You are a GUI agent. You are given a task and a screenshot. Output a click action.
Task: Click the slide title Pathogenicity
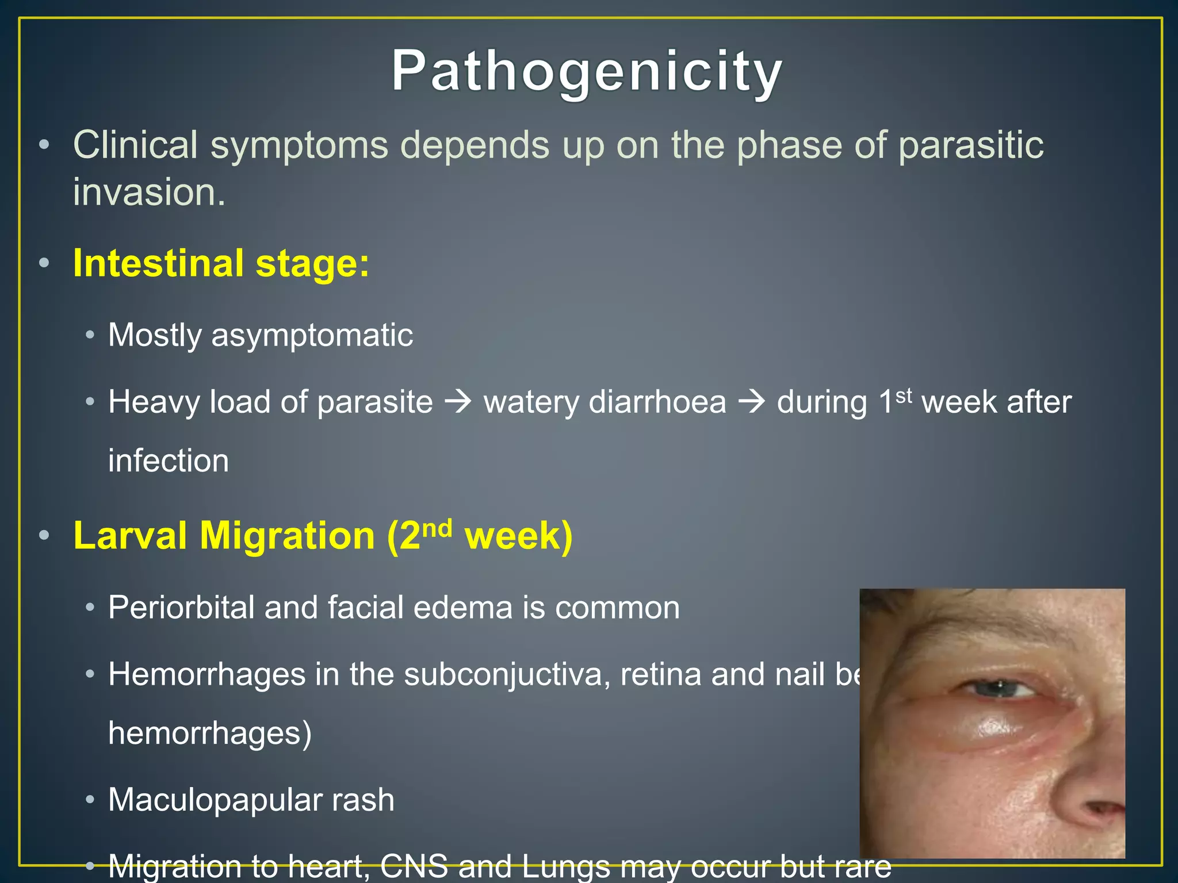click(587, 71)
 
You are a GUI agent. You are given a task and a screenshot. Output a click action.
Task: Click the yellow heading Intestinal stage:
click(221, 263)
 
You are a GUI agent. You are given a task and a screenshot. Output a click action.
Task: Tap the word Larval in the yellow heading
click(130, 536)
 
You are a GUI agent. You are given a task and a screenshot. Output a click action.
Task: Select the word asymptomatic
click(312, 335)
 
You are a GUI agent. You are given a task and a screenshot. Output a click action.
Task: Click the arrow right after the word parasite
click(458, 402)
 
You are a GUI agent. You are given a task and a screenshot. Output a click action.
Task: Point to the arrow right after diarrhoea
click(752, 402)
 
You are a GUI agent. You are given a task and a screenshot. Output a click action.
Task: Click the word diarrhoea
click(657, 402)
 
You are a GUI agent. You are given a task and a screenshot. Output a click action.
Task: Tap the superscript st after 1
click(904, 396)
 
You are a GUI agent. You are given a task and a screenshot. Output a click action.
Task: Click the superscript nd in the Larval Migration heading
click(437, 528)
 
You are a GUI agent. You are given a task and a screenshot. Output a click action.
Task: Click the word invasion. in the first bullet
click(149, 192)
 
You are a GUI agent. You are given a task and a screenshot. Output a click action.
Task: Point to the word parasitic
click(970, 145)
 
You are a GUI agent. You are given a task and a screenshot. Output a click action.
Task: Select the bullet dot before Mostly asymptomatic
click(90, 335)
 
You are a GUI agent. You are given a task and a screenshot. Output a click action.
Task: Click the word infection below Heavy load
click(169, 461)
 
